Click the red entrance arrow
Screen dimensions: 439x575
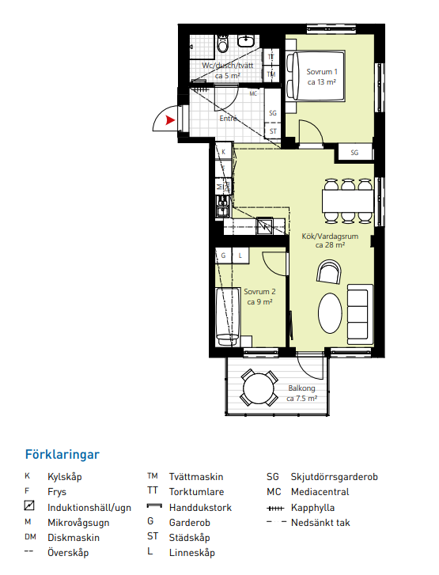pyautogui.click(x=169, y=120)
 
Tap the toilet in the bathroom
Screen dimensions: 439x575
pyautogui.click(x=222, y=44)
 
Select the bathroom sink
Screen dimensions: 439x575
pyautogui.click(x=246, y=40)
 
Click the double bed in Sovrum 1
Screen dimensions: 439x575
pyautogui.click(x=316, y=76)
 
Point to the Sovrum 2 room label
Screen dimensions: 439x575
pyautogui.click(x=259, y=297)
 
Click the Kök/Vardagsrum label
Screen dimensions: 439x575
pyautogui.click(x=330, y=240)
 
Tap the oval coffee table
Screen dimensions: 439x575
pyautogui.click(x=330, y=313)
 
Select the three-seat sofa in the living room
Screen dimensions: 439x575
pyautogui.click(x=360, y=314)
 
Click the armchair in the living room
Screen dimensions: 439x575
pyautogui.click(x=329, y=272)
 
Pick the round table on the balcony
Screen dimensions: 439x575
pyautogui.click(x=259, y=388)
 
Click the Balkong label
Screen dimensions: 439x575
pyautogui.click(x=302, y=393)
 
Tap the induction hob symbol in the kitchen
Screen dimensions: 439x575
pyautogui.click(x=264, y=226)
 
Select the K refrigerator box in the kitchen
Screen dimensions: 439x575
pyautogui.click(x=224, y=152)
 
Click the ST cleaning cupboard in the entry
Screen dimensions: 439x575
pyautogui.click(x=273, y=131)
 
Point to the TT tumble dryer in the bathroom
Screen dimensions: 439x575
pyautogui.click(x=271, y=57)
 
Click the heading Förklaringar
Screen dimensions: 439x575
pyautogui.click(x=62, y=455)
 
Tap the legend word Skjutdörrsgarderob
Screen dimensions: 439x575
pyautogui.click(x=334, y=477)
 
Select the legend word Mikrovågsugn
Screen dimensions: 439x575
pyautogui.click(x=78, y=523)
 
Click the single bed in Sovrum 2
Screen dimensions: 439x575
pyautogui.click(x=228, y=317)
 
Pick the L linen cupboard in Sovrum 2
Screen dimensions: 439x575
pyautogui.click(x=240, y=255)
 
